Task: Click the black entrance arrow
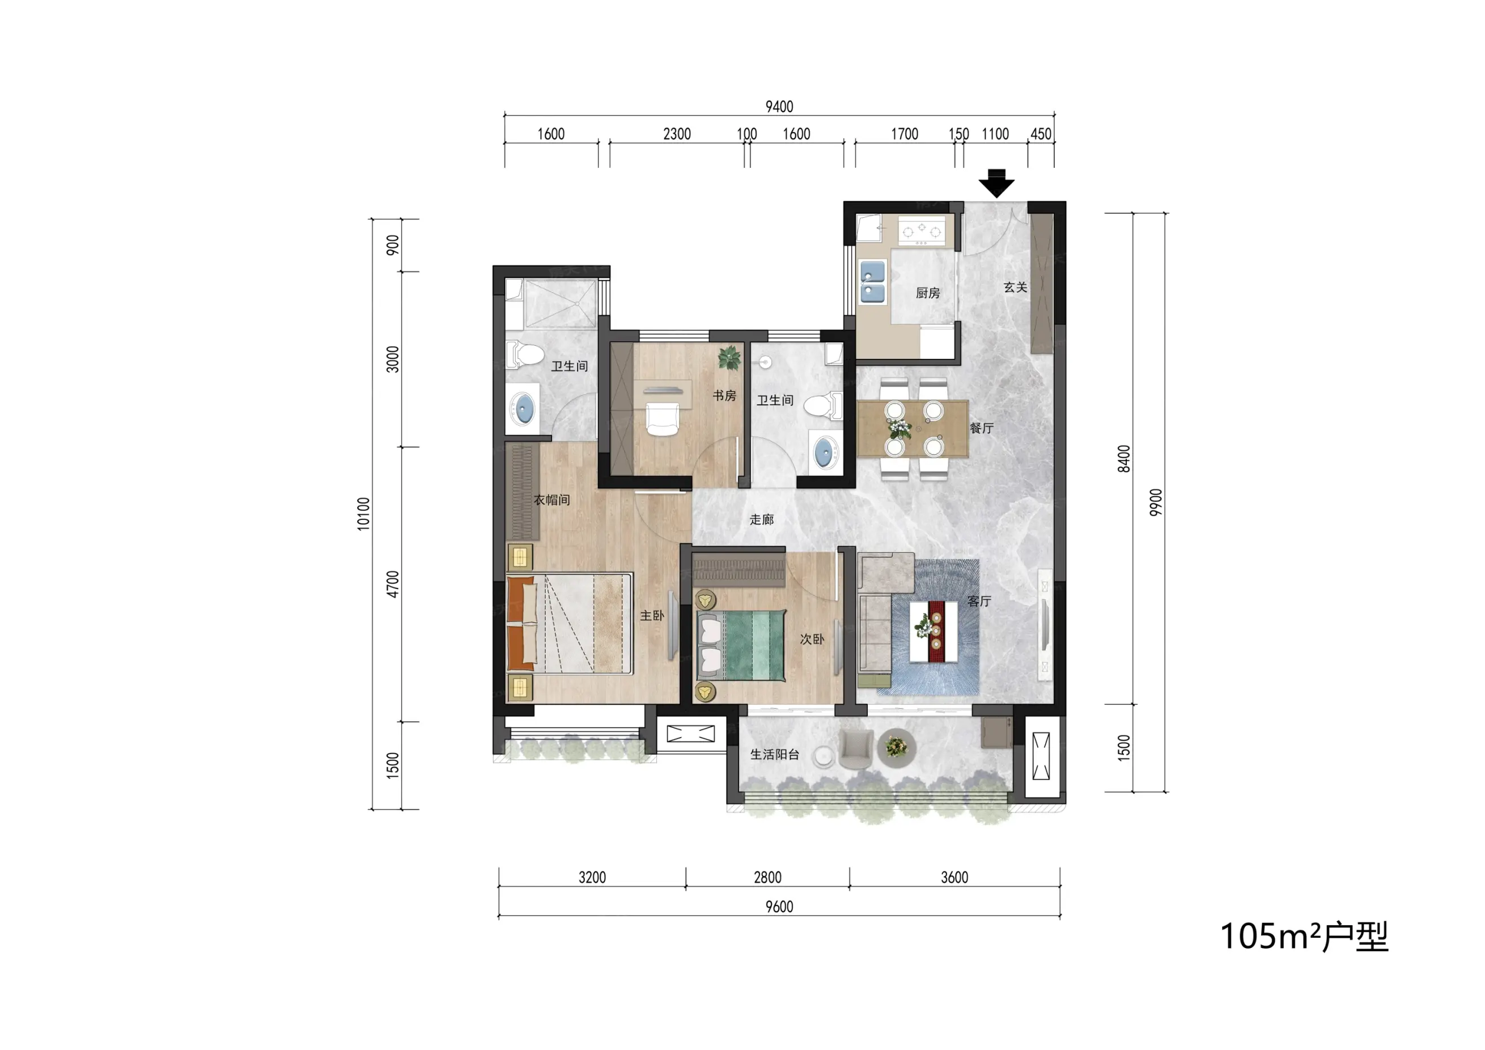[996, 183]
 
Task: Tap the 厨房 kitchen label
[927, 293]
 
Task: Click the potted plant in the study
[729, 358]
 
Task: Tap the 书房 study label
[724, 395]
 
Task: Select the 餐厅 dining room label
[981, 427]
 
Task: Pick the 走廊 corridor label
[761, 519]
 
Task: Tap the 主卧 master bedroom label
[652, 615]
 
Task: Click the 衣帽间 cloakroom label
[551, 499]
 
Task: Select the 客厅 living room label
[979, 601]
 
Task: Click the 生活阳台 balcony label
[775, 755]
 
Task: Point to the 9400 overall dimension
[779, 107]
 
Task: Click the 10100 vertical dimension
[363, 514]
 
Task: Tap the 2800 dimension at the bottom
[768, 877]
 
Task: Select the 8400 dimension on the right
[1124, 459]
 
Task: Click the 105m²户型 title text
[1304, 936]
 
